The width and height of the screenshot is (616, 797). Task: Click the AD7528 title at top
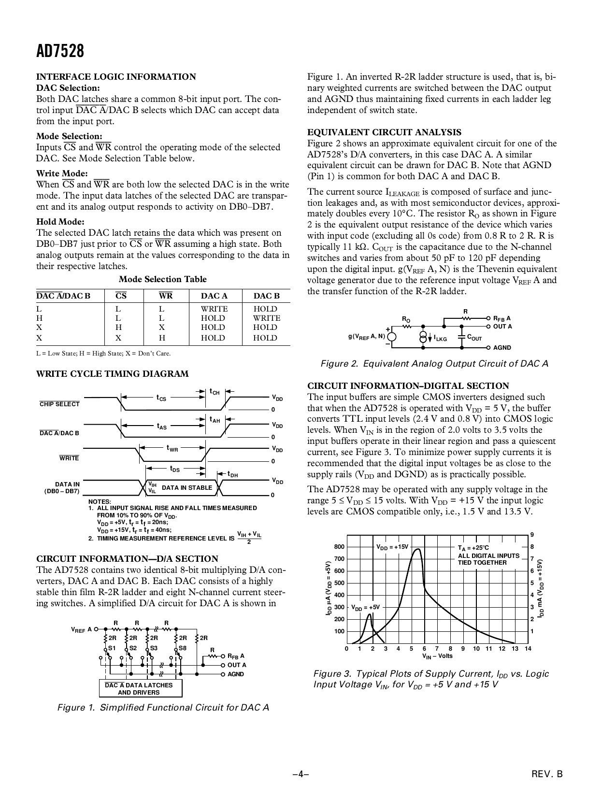[x=60, y=51]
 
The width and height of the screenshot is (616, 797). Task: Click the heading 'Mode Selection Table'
[x=162, y=279]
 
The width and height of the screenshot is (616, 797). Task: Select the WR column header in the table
[x=165, y=296]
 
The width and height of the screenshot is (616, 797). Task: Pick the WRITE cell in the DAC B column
[x=266, y=318]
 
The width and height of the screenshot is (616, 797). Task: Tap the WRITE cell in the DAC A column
[x=214, y=309]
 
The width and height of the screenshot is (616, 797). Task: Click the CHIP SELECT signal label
[x=59, y=404]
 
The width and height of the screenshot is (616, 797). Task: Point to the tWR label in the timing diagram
[x=172, y=448]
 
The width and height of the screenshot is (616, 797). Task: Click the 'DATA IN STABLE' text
[x=187, y=488]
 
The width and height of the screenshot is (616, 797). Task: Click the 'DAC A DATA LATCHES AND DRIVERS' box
[x=141, y=688]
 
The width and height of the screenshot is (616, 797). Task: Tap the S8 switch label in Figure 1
[x=182, y=648]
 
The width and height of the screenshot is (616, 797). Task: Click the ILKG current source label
[x=440, y=339]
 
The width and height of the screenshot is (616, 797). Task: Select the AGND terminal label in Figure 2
[x=502, y=347]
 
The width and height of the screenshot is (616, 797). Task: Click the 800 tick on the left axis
[x=340, y=547]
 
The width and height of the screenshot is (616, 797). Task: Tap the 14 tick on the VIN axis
[x=528, y=648]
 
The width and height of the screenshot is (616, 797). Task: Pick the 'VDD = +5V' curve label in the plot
[x=365, y=607]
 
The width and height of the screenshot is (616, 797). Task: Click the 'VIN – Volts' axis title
[x=437, y=656]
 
